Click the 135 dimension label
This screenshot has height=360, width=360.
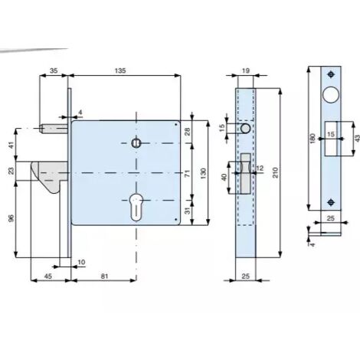(x=120, y=70)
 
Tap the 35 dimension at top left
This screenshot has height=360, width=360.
(x=54, y=70)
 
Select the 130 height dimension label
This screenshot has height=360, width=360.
(x=203, y=173)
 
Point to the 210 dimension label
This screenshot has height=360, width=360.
(x=275, y=173)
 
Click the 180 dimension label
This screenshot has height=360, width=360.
(x=313, y=139)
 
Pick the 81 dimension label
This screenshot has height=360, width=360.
(x=105, y=276)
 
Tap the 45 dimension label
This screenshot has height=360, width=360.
(x=48, y=276)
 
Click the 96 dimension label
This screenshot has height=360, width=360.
(x=11, y=218)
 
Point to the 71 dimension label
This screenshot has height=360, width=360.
(x=188, y=173)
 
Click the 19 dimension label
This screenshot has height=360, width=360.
(x=246, y=70)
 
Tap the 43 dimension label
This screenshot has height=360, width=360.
(x=357, y=138)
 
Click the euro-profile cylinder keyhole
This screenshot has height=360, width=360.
(x=136, y=207)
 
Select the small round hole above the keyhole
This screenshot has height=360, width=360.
(x=136, y=143)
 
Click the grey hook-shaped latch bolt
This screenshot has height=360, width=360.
(x=49, y=176)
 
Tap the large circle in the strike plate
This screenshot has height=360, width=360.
(x=331, y=95)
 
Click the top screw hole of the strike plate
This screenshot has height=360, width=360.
(x=331, y=74)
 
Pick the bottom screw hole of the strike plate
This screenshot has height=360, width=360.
(x=331, y=202)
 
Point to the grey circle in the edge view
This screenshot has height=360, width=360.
(x=245, y=129)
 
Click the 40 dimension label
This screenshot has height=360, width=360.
(x=224, y=177)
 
